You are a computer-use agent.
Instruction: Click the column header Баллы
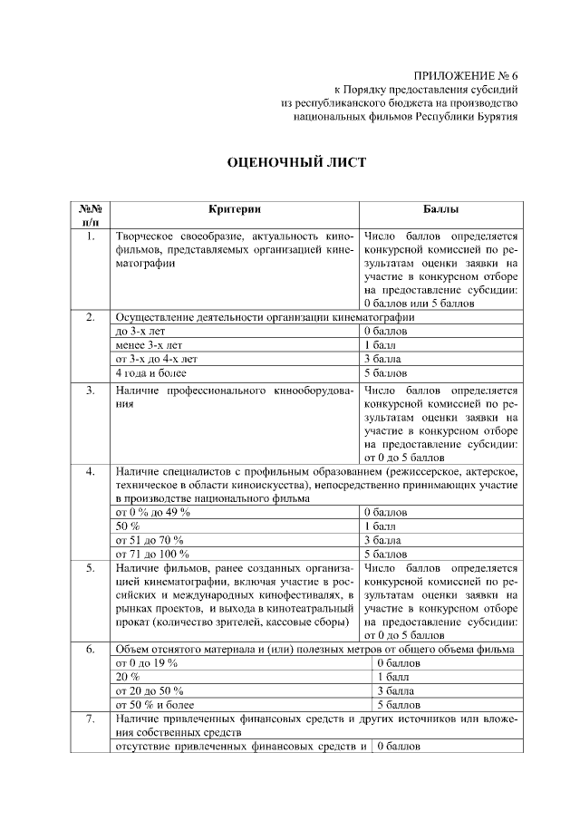440,208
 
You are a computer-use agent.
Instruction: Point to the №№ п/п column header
91,215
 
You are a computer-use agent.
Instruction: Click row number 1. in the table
91,236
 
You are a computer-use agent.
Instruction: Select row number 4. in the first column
91,472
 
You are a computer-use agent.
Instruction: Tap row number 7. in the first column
91,719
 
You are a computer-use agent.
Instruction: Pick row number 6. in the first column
91,649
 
